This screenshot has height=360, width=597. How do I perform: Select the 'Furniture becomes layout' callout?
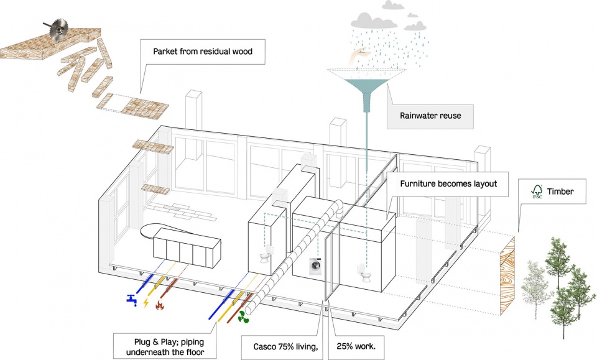pos(453,184)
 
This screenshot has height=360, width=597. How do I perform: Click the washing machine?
pos(316,268)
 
